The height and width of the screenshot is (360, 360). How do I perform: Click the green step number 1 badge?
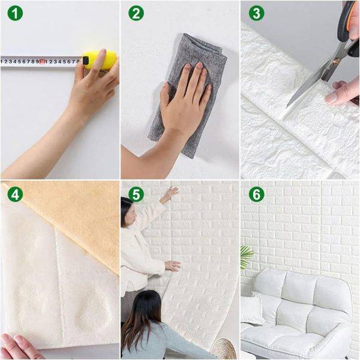(15, 13)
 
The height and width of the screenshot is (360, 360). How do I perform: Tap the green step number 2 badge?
(136, 13)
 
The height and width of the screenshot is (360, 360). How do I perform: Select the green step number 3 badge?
(256, 13)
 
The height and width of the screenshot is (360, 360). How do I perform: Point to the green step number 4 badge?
(15, 194)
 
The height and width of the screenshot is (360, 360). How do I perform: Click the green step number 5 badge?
(136, 194)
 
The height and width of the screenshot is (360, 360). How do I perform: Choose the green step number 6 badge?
(256, 194)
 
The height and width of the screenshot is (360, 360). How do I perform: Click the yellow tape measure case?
(101, 59)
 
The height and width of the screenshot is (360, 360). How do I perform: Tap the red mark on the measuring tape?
(42, 61)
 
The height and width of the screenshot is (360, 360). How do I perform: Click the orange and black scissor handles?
(347, 30)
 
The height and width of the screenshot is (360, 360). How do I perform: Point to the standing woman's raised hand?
(170, 194)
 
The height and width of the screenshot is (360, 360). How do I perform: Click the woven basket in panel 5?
(226, 349)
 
